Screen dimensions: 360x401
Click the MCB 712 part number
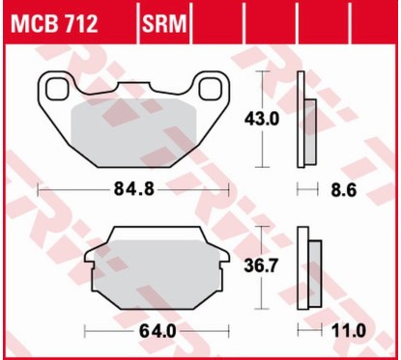tap(53, 22)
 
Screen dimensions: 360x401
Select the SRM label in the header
tap(166, 22)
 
